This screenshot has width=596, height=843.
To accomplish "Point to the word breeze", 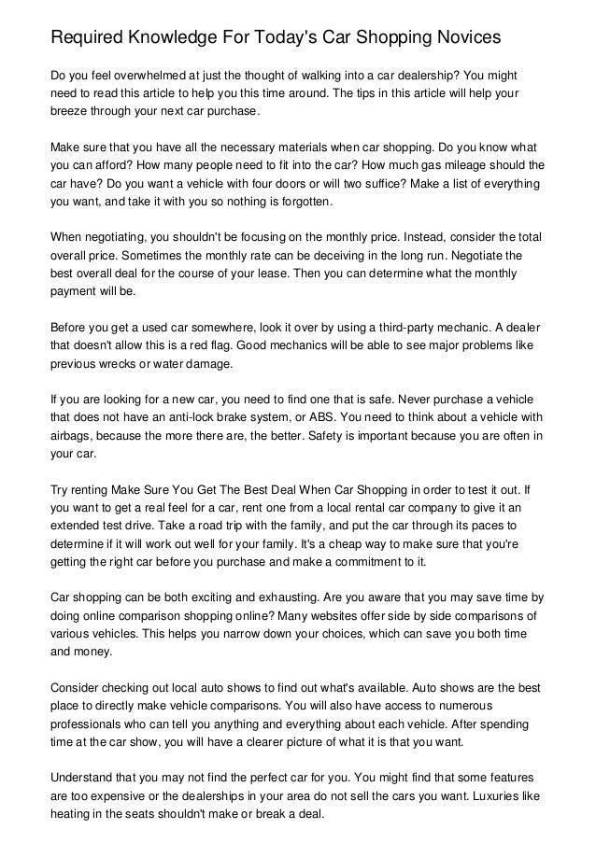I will [x=71, y=111].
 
